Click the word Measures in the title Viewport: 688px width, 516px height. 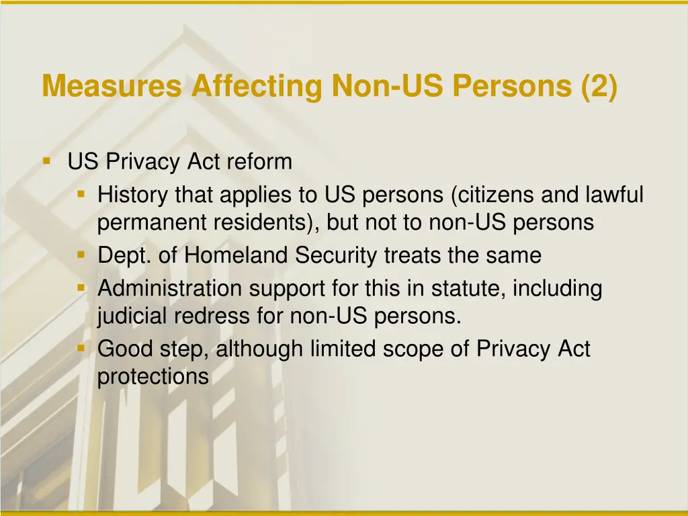pyautogui.click(x=112, y=87)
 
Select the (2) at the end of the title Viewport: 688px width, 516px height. pyautogui.click(x=599, y=87)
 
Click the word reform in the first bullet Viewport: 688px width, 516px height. pyautogui.click(x=259, y=162)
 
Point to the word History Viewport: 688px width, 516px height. pyautogui.click(x=133, y=196)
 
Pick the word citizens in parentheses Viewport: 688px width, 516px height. pyautogui.click(x=497, y=196)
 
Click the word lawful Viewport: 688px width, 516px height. pyautogui.click(x=615, y=196)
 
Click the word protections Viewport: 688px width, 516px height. pyautogui.click(x=153, y=376)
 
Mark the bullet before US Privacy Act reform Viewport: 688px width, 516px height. pyautogui.click(x=47, y=161)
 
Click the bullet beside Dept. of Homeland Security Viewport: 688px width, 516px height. pyautogui.click(x=81, y=255)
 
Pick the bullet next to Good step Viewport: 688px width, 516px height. pyautogui.click(x=81, y=349)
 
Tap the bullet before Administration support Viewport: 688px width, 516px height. pyautogui.click(x=81, y=288)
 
